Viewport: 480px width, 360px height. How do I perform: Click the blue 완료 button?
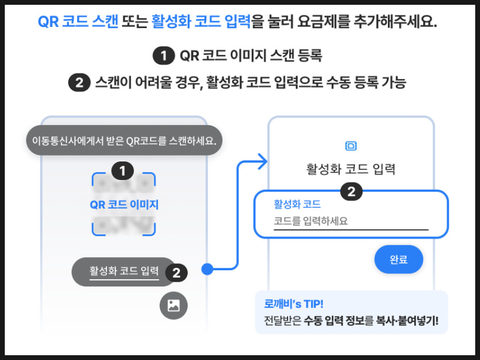[399, 260]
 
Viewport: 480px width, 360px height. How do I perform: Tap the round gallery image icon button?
[173, 306]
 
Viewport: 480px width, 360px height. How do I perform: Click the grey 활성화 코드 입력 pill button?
[124, 271]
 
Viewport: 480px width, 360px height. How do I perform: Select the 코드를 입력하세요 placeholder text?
[311, 221]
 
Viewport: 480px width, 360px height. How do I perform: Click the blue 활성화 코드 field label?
[297, 203]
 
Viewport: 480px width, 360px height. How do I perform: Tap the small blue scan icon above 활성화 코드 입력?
[351, 146]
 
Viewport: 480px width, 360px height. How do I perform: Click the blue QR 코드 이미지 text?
[124, 205]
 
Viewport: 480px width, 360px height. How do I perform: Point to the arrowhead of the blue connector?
[262, 160]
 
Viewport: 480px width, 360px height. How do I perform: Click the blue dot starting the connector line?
[207, 269]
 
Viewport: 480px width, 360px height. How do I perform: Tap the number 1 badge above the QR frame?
[123, 172]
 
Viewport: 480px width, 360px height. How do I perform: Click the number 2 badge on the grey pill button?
[176, 273]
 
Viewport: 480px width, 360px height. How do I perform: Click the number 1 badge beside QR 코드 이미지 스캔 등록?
[163, 56]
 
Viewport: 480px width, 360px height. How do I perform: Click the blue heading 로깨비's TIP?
[293, 304]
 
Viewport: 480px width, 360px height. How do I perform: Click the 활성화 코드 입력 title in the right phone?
[351, 169]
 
